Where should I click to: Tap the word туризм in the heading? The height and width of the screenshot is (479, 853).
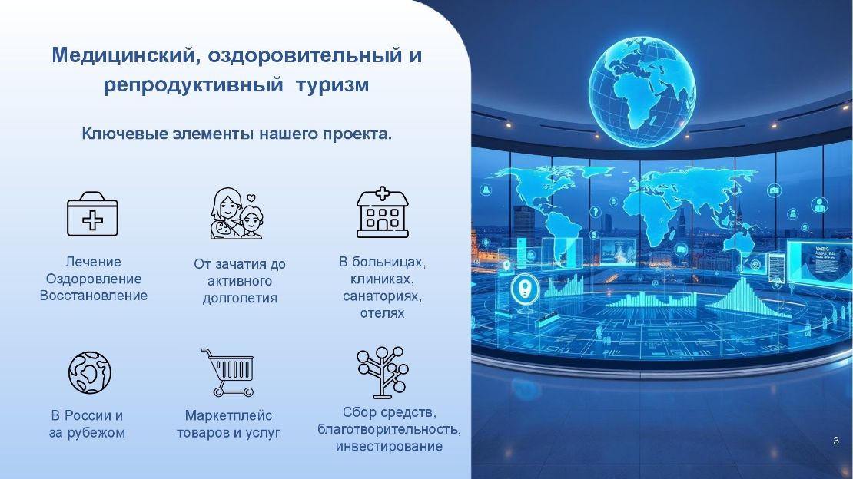[333, 85]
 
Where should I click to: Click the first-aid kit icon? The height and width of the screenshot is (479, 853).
[92, 213]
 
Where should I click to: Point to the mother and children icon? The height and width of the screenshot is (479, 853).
[237, 213]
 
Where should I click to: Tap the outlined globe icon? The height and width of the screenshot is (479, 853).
[90, 372]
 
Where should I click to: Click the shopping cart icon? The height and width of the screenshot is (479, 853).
[228, 372]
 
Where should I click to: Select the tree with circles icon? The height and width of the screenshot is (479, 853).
[383, 372]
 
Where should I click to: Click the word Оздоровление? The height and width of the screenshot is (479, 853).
[94, 279]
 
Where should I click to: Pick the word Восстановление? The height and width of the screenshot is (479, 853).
[94, 296]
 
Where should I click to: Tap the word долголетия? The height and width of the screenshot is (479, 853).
[240, 299]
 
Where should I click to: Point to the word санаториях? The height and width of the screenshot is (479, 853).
[382, 297]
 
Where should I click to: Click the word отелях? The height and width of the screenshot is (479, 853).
[382, 314]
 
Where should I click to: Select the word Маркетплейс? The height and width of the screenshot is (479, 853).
[228, 416]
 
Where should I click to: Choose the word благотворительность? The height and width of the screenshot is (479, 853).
[389, 430]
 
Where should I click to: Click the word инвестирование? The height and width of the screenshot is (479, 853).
[389, 447]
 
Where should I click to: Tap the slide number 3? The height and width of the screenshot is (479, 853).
[836, 441]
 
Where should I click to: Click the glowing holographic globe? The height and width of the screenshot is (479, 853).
[642, 91]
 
